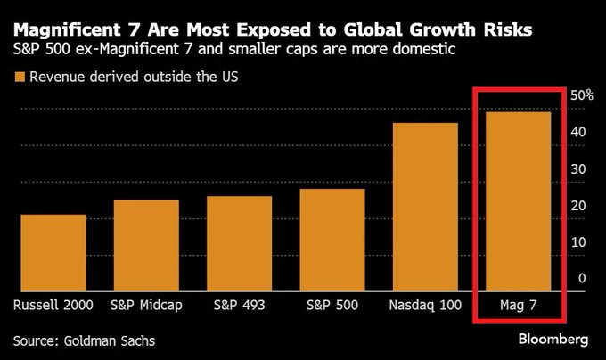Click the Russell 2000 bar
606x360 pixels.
(x=53, y=253)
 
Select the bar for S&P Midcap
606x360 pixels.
(x=146, y=246)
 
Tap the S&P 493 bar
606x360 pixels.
(x=239, y=244)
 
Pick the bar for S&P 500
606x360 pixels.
(x=332, y=241)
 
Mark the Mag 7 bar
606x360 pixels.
(x=518, y=202)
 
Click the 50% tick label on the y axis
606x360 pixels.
(x=581, y=95)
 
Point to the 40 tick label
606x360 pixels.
(x=578, y=132)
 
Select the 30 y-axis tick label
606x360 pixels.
(x=578, y=168)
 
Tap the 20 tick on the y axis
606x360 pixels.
(x=578, y=205)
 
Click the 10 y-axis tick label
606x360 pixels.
(x=578, y=241)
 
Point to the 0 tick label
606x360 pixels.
(x=582, y=278)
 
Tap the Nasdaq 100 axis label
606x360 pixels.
(x=425, y=306)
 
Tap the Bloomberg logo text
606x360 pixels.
(x=553, y=340)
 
